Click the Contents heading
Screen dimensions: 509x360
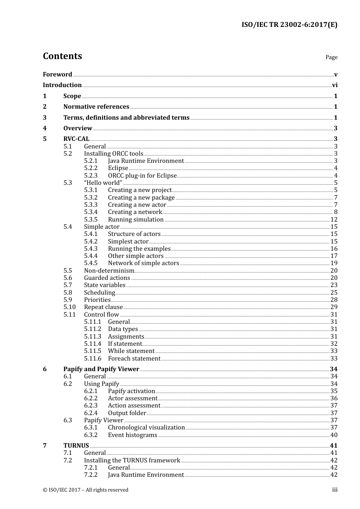point(62,56)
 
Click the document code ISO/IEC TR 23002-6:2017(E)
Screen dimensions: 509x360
point(289,25)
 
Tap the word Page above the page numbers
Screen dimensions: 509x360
point(331,57)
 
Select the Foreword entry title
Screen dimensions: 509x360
point(57,74)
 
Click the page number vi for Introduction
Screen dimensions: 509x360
point(335,85)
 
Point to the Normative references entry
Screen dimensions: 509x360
point(96,107)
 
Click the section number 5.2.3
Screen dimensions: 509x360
point(91,175)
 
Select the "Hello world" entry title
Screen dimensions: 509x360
point(103,183)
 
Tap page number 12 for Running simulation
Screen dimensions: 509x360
point(334,220)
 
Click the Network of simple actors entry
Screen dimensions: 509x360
point(143,263)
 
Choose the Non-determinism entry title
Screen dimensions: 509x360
point(109,271)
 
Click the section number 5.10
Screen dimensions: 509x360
point(69,307)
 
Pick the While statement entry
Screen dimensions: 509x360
point(131,351)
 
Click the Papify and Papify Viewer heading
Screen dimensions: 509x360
point(101,369)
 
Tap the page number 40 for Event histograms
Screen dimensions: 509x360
point(334,435)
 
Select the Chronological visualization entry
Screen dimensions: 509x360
point(146,428)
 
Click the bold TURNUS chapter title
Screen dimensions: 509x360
point(76,446)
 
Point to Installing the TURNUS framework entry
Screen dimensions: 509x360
point(132,461)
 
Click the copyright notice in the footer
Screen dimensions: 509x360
point(86,490)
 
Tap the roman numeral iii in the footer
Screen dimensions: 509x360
point(335,490)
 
